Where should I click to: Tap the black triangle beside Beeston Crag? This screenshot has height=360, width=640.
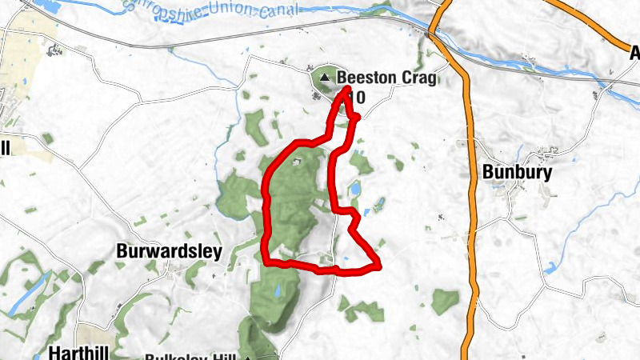click(325, 78)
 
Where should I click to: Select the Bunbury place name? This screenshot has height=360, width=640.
click(517, 171)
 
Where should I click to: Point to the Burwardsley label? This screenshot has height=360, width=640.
click(169, 250)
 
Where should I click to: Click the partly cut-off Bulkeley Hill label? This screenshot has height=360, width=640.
click(192, 357)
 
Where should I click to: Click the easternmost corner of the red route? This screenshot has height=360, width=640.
click(378, 263)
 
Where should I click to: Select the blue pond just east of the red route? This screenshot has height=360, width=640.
click(354, 189)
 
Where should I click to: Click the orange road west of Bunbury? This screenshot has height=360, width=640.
click(471, 200)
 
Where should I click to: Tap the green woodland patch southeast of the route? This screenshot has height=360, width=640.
click(445, 302)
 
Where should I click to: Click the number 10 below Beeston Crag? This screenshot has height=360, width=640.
click(358, 98)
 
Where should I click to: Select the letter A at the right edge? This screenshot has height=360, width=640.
click(635, 53)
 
